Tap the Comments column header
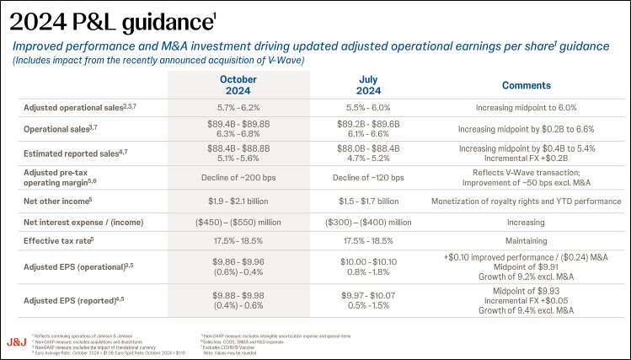pyautogui.click(x=526, y=85)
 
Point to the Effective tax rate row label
pyautogui.click(x=57, y=241)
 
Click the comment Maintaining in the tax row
pyautogui.click(x=526, y=241)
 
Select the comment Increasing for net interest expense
pyautogui.click(x=526, y=222)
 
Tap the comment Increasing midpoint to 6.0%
pyautogui.click(x=526, y=108)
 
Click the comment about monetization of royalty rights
pyautogui.click(x=526, y=201)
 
